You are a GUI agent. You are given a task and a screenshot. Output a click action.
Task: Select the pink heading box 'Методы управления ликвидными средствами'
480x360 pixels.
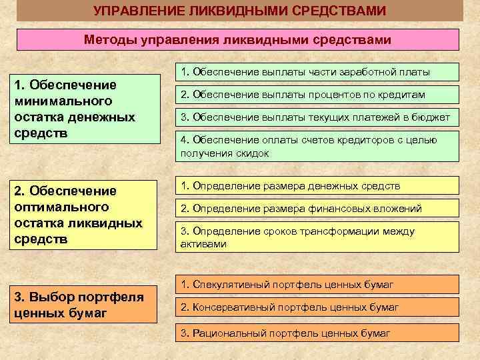click(238, 40)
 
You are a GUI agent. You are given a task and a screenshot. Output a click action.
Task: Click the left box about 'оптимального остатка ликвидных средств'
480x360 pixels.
click(84, 215)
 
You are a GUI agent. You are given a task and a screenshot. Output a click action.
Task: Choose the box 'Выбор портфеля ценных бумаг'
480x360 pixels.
click(84, 304)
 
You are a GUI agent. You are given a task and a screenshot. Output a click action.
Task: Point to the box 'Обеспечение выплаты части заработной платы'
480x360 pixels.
click(317, 72)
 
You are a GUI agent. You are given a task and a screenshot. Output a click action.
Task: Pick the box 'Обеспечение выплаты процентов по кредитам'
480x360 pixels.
click(317, 95)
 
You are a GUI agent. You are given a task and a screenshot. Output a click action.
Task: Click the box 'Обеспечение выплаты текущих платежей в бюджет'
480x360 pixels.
click(317, 118)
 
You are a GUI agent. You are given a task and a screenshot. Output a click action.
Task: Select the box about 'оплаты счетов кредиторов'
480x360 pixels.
click(317, 146)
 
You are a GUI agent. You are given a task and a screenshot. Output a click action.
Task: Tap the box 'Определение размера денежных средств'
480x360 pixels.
click(317, 185)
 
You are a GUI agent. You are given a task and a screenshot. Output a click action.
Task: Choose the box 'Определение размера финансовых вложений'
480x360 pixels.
click(317, 209)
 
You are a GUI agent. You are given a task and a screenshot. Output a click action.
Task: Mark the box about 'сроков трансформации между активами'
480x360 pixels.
click(317, 237)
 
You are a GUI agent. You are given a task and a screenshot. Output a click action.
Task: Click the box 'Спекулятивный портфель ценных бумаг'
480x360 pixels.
click(317, 285)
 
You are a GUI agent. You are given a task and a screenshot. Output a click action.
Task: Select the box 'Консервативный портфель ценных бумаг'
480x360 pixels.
click(317, 307)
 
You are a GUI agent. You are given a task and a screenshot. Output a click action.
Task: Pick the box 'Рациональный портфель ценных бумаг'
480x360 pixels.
click(317, 333)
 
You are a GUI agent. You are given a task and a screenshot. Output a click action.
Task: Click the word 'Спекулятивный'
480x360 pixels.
click(224, 285)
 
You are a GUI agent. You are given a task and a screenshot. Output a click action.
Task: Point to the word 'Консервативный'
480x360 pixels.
click(227, 307)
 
